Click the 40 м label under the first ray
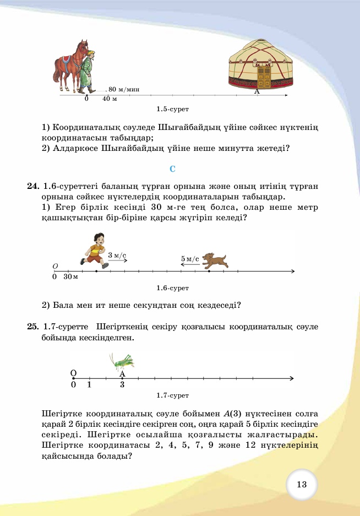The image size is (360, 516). (110, 100)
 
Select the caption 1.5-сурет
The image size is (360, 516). (172, 110)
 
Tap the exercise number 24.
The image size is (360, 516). (32, 187)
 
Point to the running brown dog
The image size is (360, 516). (214, 260)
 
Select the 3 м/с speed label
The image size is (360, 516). (117, 255)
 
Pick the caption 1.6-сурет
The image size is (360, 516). (172, 288)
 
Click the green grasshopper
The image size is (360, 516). (123, 361)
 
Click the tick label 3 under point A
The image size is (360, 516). (122, 385)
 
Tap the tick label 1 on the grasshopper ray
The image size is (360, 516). (89, 385)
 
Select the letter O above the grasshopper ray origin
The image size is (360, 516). (73, 373)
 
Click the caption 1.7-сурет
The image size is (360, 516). (172, 395)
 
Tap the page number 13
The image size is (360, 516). (301, 485)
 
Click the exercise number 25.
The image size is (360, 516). (32, 327)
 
